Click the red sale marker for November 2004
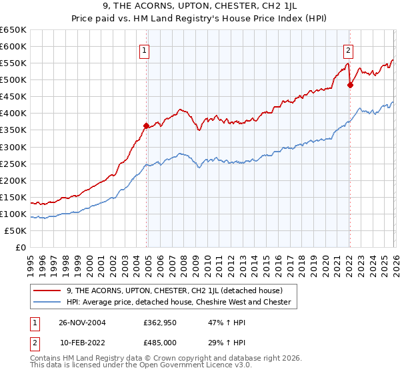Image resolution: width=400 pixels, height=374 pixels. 147,125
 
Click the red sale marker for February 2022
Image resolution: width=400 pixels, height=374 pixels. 349,84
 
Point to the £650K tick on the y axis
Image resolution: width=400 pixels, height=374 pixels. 13,30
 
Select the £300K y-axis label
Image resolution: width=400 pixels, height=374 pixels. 13,147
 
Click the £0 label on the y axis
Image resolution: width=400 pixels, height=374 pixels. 20,247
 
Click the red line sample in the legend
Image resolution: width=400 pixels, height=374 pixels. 47,291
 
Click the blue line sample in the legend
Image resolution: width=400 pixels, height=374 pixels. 47,302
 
